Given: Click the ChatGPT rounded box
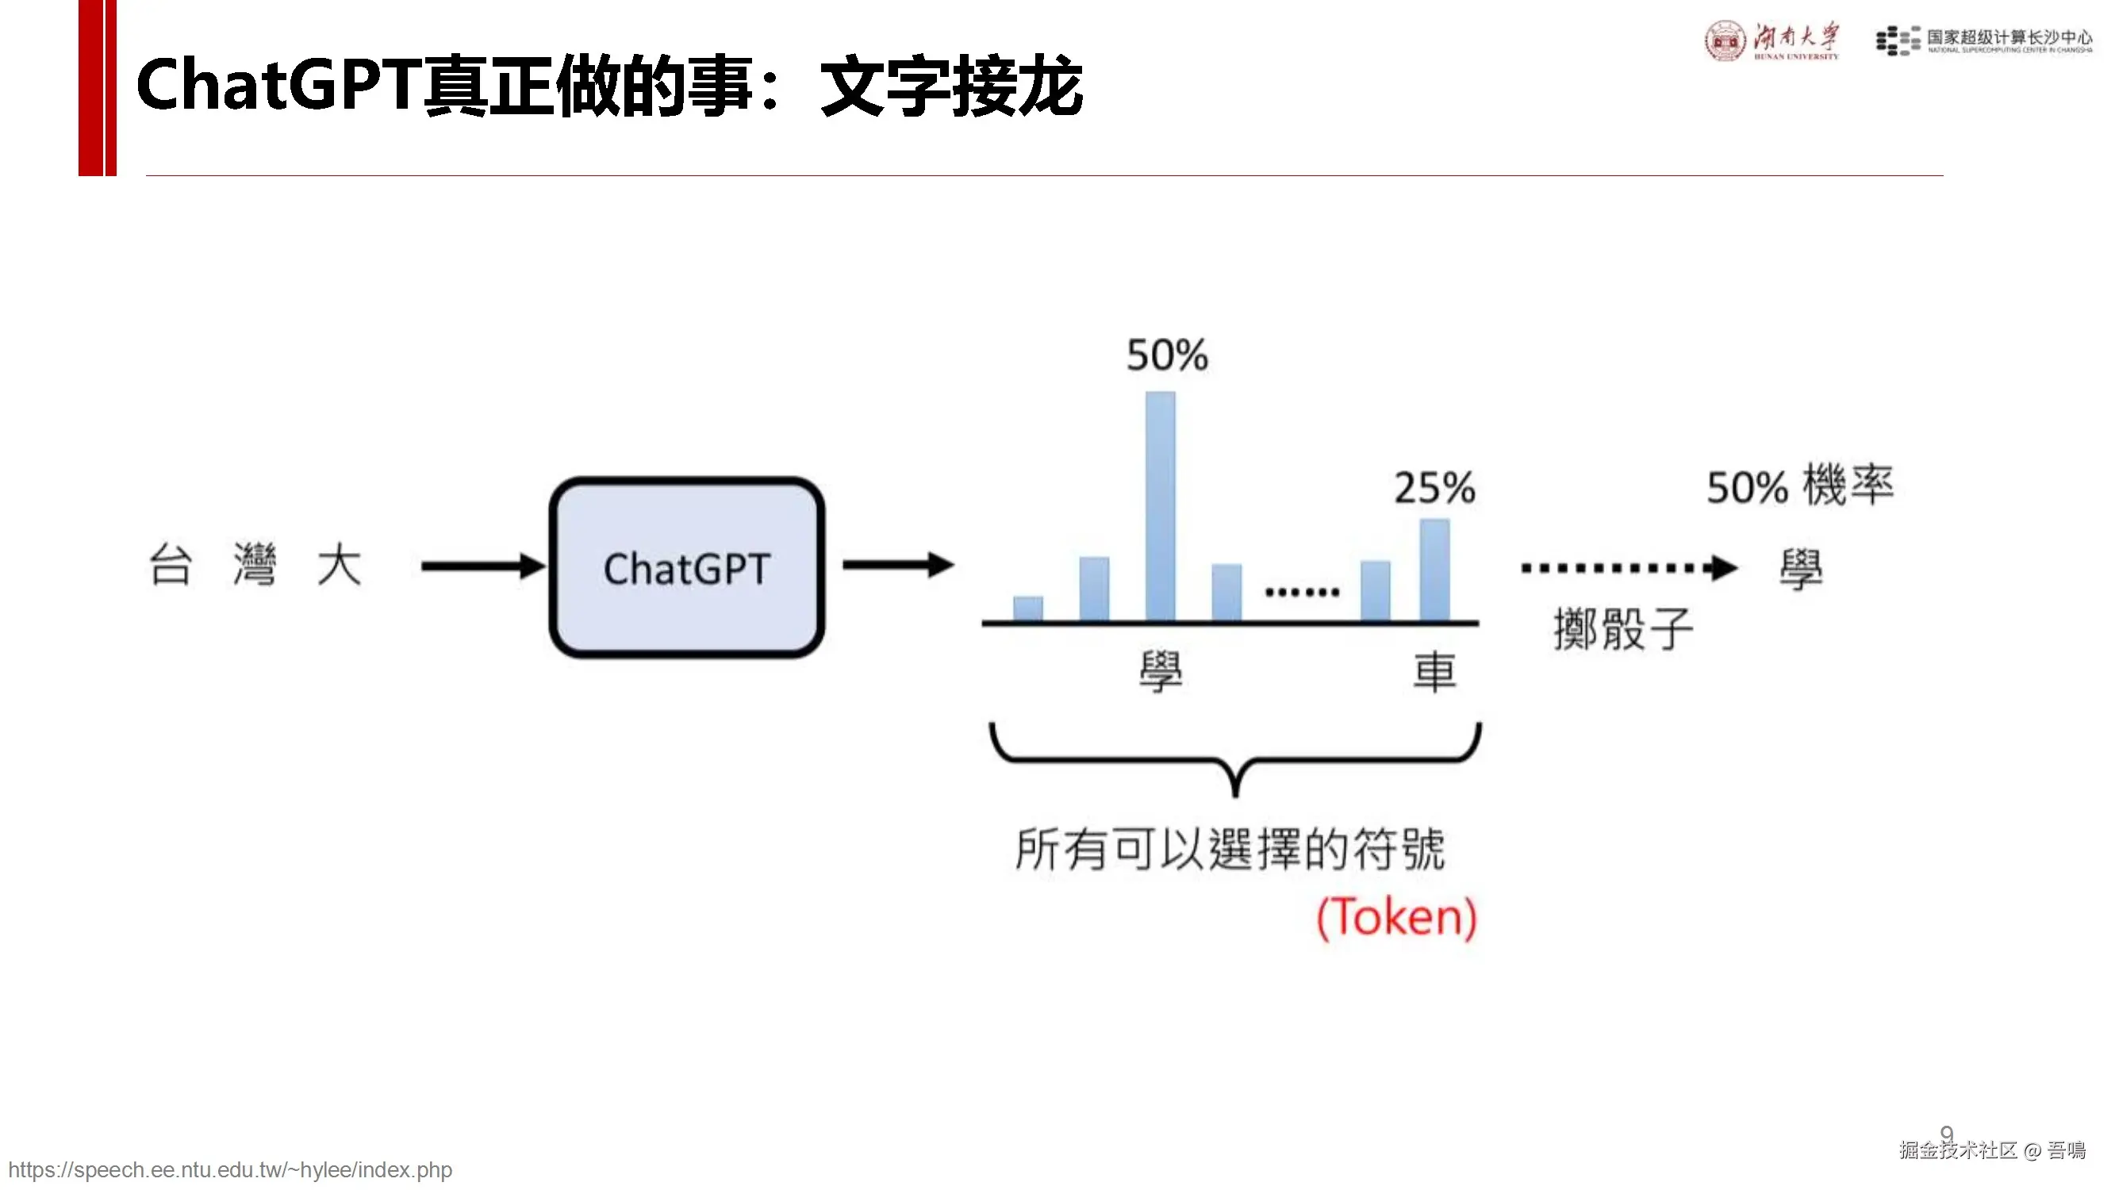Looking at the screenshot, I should (686, 567).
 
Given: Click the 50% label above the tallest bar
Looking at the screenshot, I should (1167, 355).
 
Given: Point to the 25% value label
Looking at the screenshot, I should (1434, 488).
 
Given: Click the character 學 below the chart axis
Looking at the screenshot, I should (1160, 671).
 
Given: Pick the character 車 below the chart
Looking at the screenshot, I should (1434, 671).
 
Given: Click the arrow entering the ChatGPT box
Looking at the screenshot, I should (483, 566).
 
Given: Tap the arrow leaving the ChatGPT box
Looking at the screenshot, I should (897, 564).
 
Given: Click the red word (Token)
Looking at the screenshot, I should (1396, 917).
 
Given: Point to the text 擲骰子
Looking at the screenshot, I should (1623, 630).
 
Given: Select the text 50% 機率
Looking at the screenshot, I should (1800, 486).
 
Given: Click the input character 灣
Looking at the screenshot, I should (255, 564).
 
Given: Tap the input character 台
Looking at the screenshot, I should (171, 564).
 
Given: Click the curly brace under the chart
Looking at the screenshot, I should (1235, 757).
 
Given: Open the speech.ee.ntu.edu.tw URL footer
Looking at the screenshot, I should (230, 1169).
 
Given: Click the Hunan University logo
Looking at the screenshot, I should (1771, 40).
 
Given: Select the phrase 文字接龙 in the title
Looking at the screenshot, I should (950, 86).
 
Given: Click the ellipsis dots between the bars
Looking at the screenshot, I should (1302, 591).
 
